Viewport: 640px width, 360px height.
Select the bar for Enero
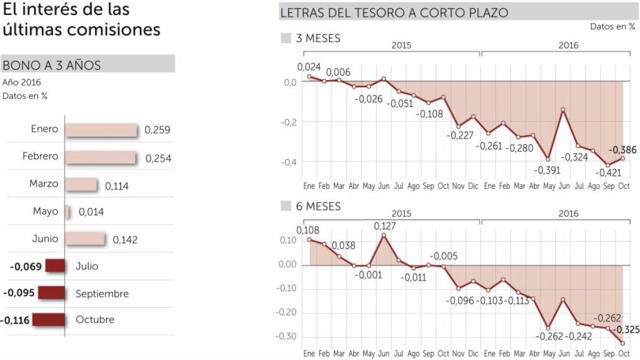[x=101, y=130]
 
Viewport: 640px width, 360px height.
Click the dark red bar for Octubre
[x=49, y=321]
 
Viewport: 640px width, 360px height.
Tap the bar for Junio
[x=85, y=239]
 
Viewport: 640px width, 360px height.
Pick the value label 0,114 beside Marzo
[x=117, y=186]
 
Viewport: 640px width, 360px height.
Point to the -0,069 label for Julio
[x=25, y=266]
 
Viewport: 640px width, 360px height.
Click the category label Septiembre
[x=102, y=293]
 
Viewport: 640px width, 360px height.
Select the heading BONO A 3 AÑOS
[x=52, y=65]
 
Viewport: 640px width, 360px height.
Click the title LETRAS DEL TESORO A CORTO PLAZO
[x=394, y=12]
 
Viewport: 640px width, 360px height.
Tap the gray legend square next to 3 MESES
[x=286, y=38]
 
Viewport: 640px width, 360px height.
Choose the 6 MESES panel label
[x=318, y=206]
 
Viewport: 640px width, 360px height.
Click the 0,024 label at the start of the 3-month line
[x=309, y=67]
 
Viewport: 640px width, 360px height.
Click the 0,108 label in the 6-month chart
[x=308, y=230]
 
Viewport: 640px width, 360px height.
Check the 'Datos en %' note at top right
[x=612, y=27]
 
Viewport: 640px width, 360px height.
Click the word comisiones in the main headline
[x=114, y=30]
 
